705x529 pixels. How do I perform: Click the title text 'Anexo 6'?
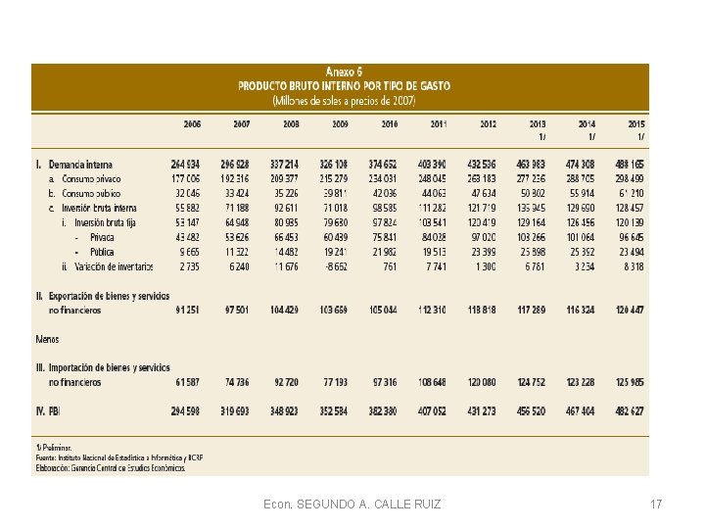(x=344, y=72)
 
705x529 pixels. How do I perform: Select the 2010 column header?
(x=389, y=124)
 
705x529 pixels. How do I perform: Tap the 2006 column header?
(x=191, y=124)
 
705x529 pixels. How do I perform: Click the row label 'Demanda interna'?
(x=81, y=163)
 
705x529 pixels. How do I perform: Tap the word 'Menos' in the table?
(x=47, y=340)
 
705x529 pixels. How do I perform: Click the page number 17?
(x=655, y=505)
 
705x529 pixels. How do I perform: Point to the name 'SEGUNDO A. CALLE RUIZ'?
(x=363, y=505)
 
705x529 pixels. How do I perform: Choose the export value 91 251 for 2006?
(x=185, y=310)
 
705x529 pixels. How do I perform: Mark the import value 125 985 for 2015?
(x=629, y=380)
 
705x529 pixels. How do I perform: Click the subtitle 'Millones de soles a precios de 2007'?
(x=344, y=100)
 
